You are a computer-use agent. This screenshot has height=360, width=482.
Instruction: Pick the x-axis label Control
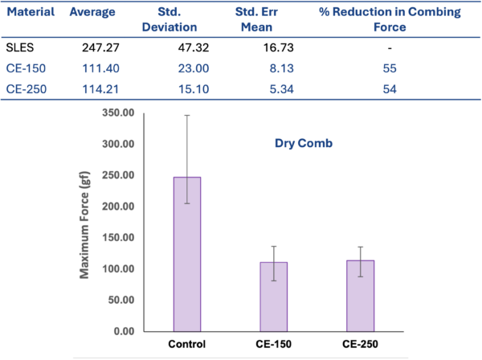pyautogui.click(x=187, y=344)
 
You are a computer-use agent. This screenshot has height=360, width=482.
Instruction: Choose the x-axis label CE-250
pyautogui.click(x=360, y=344)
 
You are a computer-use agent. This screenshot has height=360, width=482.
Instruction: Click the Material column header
pyautogui.click(x=30, y=14)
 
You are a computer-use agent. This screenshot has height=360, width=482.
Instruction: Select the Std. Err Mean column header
pyautogui.click(x=255, y=19)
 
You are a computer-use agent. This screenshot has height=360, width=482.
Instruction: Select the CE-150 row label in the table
pyautogui.click(x=22, y=69)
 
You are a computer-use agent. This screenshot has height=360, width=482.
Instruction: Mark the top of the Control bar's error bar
pyautogui.click(x=187, y=115)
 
